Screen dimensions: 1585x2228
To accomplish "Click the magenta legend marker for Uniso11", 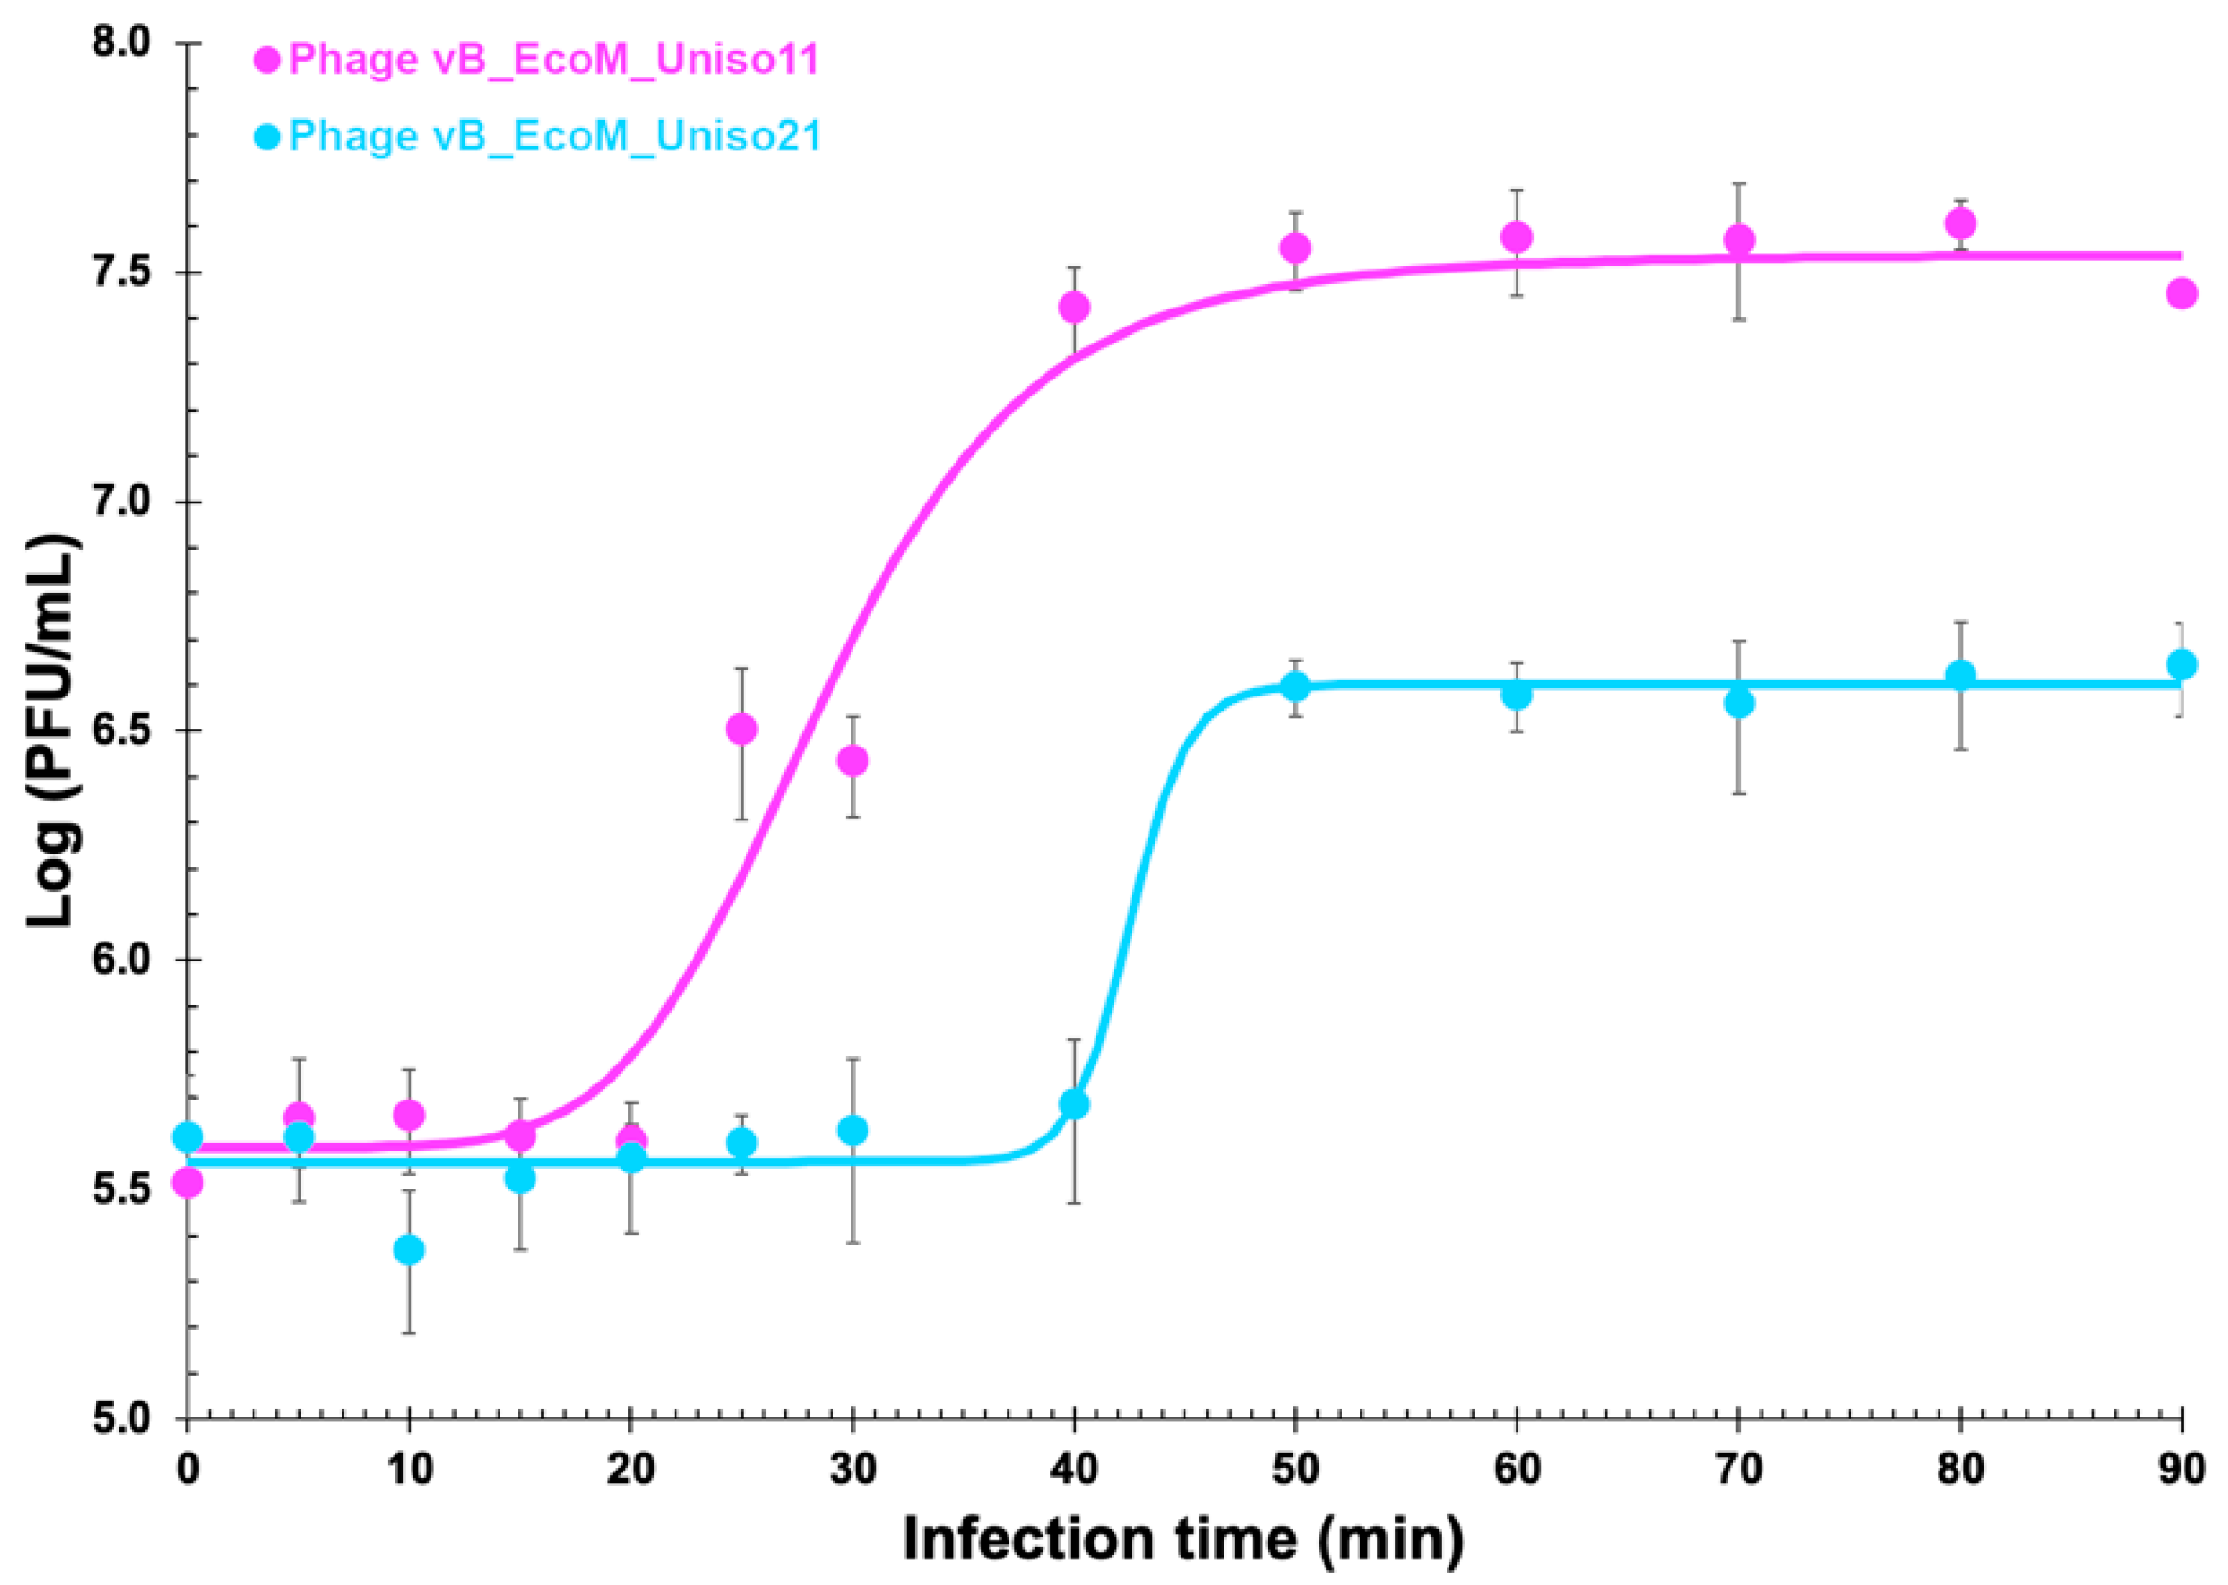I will point(268,61).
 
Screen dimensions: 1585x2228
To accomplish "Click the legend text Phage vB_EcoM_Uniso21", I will point(554,135).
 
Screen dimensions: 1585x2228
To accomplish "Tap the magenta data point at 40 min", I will point(1074,308).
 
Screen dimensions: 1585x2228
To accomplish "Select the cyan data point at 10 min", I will point(409,1249).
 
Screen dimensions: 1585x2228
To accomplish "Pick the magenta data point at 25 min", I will point(742,728).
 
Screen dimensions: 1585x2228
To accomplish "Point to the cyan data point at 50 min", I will point(1295,686).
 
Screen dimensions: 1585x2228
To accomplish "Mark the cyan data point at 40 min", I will point(1074,1104).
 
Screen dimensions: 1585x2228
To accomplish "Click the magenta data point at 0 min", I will point(187,1183).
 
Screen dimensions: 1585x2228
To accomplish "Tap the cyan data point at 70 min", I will point(1739,703).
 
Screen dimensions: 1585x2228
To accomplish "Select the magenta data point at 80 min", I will point(1960,223).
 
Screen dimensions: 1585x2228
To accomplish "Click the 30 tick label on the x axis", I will point(852,1468).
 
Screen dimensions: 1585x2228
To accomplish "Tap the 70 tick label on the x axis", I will point(1738,1468).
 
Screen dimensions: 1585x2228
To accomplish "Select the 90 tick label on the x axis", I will point(2180,1468).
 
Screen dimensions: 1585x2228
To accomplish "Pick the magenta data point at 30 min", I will point(853,760).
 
